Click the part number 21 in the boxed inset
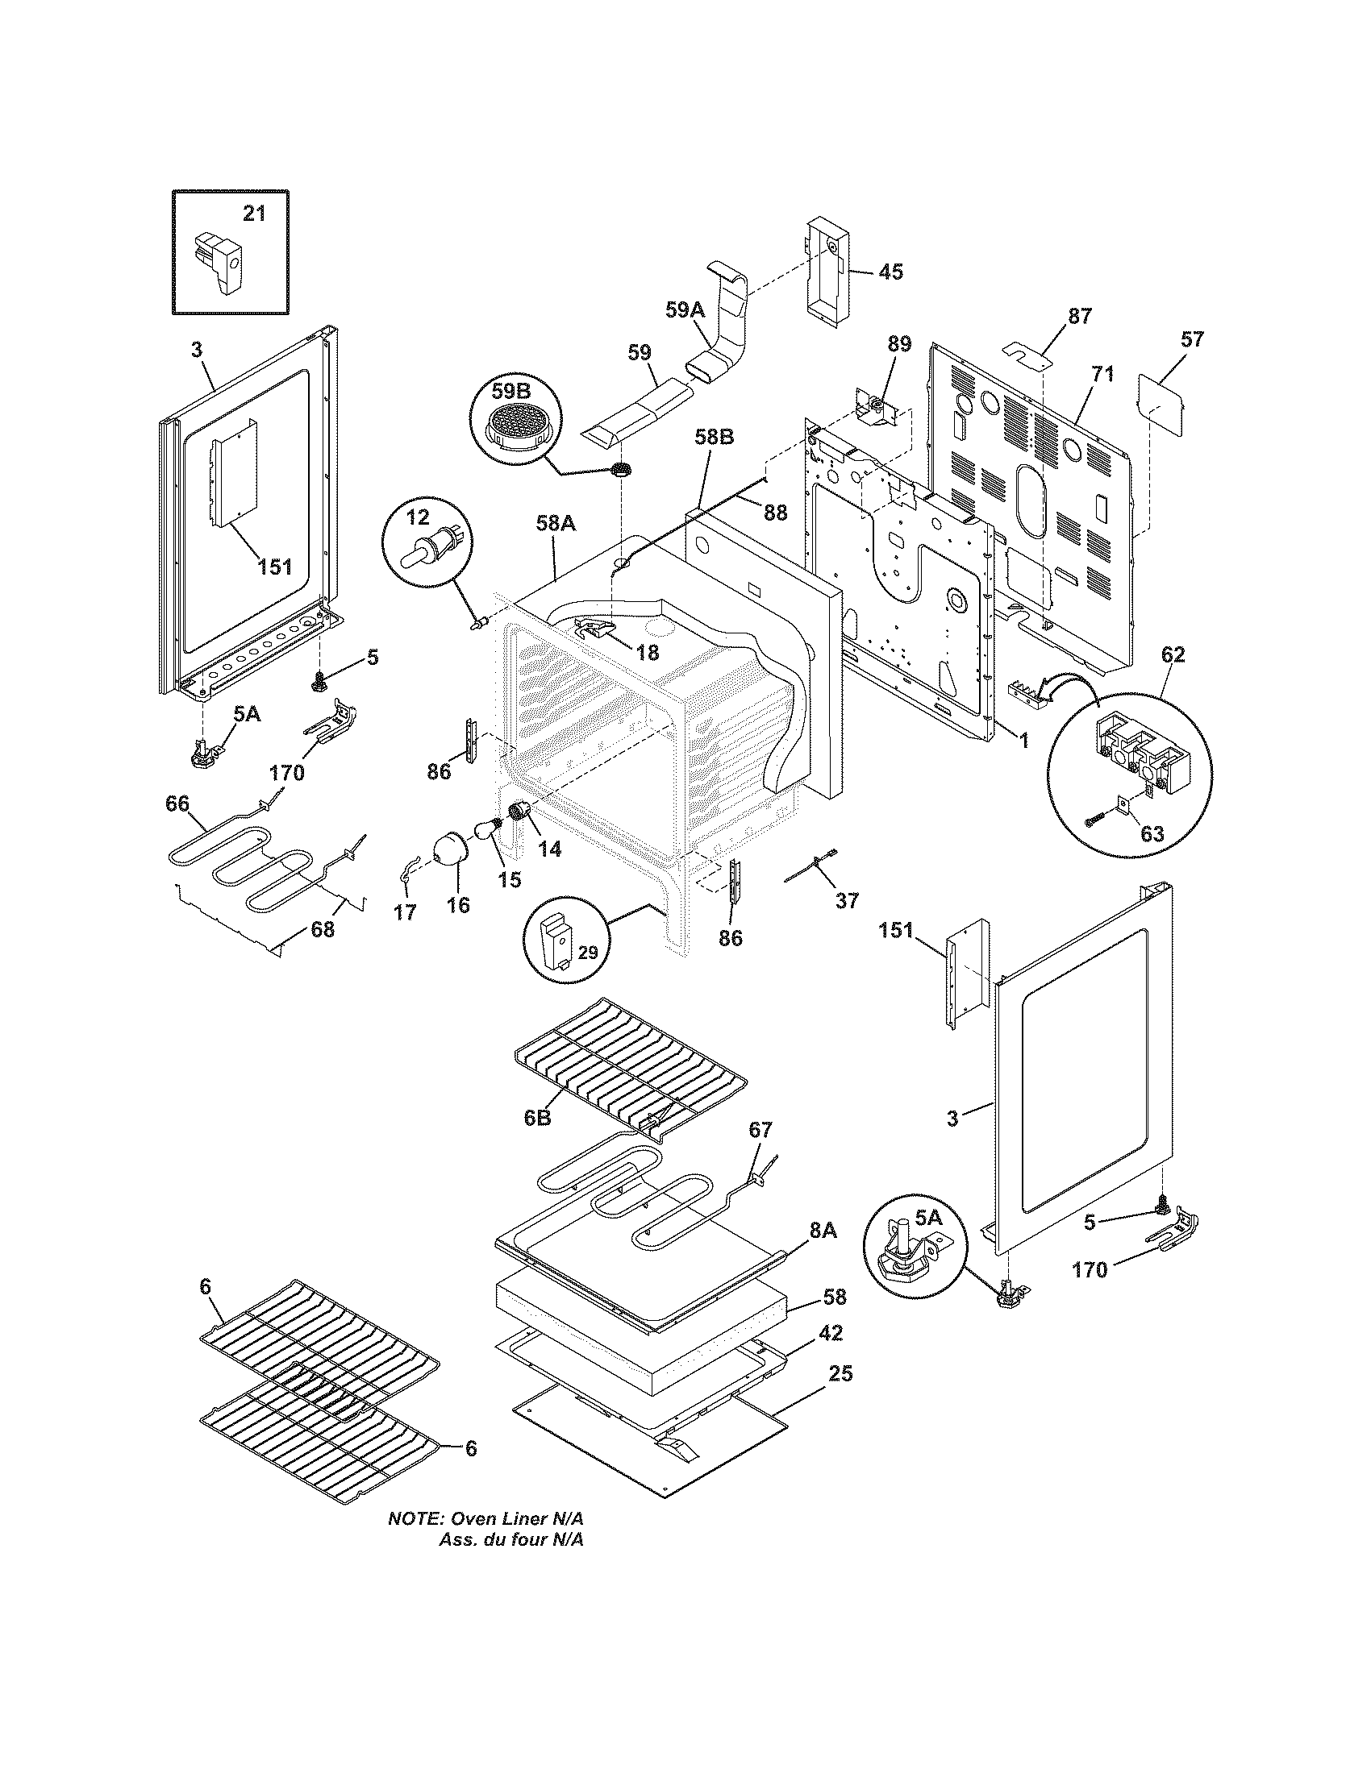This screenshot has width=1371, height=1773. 254,214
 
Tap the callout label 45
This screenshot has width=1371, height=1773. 891,272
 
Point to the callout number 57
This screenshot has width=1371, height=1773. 1191,338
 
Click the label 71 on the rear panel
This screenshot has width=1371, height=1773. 1102,374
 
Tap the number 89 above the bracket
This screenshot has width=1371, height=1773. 899,344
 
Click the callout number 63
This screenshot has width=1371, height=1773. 1152,834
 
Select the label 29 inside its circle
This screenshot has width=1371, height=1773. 587,953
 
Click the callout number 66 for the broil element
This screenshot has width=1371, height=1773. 177,803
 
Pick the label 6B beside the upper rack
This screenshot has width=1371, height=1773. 537,1118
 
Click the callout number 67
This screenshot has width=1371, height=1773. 761,1129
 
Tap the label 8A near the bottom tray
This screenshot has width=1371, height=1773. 822,1231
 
